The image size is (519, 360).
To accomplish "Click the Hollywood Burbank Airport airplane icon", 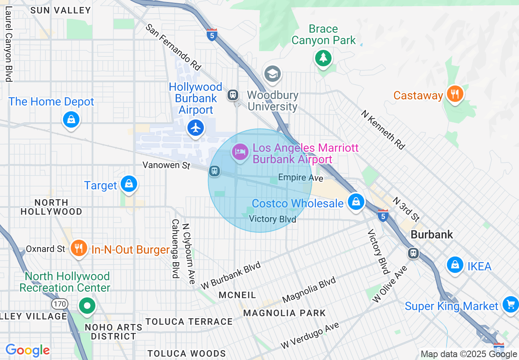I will tap(196, 128).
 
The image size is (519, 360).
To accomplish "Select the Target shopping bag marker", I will tap(129, 184).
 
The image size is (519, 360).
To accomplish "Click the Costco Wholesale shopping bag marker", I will tap(356, 202).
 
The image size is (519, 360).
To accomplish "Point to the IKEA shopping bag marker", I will tap(455, 265).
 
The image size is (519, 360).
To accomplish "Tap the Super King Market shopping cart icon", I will tap(510, 304).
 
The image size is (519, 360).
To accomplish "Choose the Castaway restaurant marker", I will tap(454, 94).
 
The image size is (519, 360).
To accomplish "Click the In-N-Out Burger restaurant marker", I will tap(79, 248).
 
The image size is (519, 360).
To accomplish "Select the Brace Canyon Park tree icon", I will tap(323, 58).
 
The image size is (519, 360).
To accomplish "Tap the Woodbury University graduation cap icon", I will tap(272, 74).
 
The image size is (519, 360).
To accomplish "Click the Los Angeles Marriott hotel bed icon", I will tap(240, 153).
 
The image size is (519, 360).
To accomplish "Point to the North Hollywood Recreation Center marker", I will tap(87, 305).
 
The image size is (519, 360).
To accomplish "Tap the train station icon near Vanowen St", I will tap(214, 171).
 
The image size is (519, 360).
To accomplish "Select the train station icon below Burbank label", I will tap(413, 253).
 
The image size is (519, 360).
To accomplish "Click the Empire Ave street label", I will tap(300, 178).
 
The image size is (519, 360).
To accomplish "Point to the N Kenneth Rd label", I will tap(383, 129).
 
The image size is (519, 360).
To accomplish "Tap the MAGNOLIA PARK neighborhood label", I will tap(284, 313).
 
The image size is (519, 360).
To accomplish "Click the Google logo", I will tap(27, 351).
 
